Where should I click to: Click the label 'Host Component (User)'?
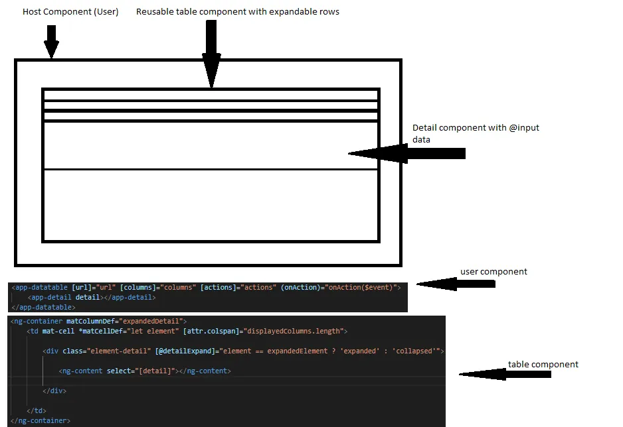70,12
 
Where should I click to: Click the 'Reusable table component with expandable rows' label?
237,12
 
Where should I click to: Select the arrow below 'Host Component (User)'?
51,41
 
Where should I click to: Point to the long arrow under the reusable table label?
211,53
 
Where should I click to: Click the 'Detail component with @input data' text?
475,133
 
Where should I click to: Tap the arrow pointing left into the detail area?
406,154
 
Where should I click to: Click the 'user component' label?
493,272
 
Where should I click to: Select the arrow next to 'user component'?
456,284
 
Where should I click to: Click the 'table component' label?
543,364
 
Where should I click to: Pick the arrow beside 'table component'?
505,375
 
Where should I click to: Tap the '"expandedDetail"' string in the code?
152,321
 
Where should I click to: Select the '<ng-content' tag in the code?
80,371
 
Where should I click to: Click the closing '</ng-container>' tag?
40,420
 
